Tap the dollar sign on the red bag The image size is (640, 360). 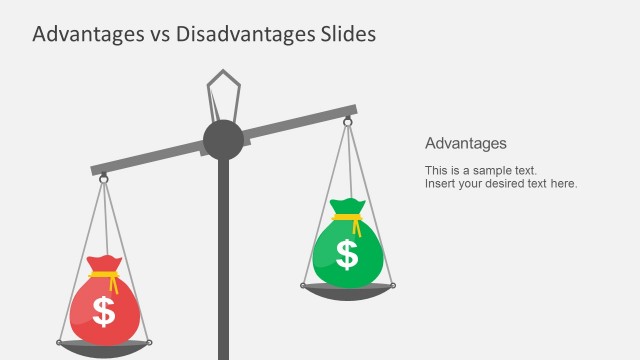tap(104, 312)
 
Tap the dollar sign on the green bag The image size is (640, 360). tap(347, 255)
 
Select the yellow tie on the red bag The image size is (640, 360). tap(104, 273)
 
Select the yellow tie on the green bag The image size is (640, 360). tap(347, 217)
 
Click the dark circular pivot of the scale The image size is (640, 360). tap(223, 139)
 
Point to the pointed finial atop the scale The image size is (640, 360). tap(223, 90)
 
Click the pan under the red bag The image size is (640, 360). tap(103, 348)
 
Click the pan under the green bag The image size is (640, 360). tap(347, 290)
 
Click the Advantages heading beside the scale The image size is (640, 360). tap(466, 143)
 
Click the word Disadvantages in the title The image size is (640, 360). tap(235, 34)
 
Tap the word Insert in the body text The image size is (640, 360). tap(440, 184)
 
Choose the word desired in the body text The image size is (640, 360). tap(508, 184)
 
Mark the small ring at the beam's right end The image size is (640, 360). tap(348, 122)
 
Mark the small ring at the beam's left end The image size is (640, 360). tap(103, 178)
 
